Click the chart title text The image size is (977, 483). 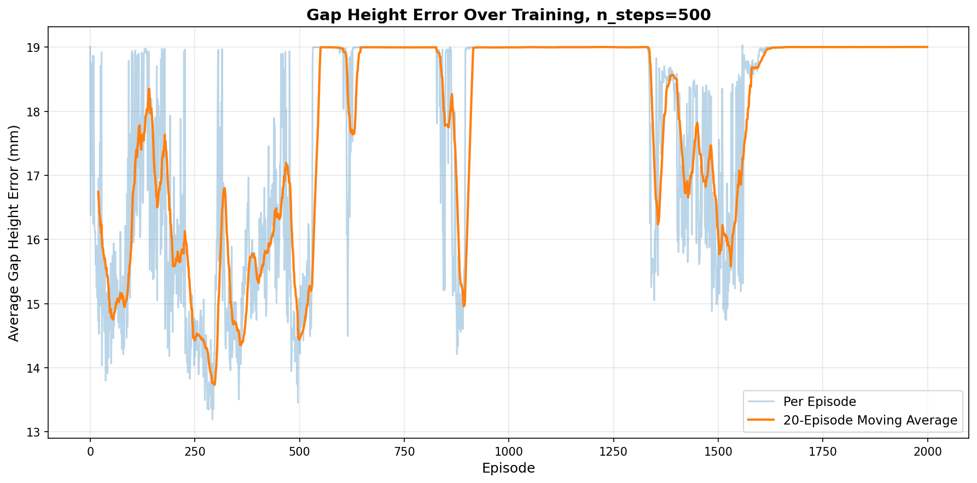(x=508, y=15)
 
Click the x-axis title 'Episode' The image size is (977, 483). (x=508, y=468)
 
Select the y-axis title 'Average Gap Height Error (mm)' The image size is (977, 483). (x=14, y=233)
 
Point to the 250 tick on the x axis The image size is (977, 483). (x=195, y=452)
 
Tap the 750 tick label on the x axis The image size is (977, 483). (x=404, y=452)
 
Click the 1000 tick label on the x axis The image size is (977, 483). (x=508, y=452)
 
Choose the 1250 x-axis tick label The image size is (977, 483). (x=613, y=452)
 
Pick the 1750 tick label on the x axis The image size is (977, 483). (x=823, y=452)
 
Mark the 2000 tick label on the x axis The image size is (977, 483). (x=928, y=452)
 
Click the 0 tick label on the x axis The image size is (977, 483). (x=90, y=452)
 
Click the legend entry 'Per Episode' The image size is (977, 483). (x=819, y=402)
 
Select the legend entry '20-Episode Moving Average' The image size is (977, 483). (x=870, y=420)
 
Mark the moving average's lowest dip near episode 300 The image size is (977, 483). (x=214, y=385)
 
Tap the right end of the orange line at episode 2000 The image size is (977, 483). (x=928, y=47)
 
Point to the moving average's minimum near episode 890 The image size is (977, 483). (x=464, y=306)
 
